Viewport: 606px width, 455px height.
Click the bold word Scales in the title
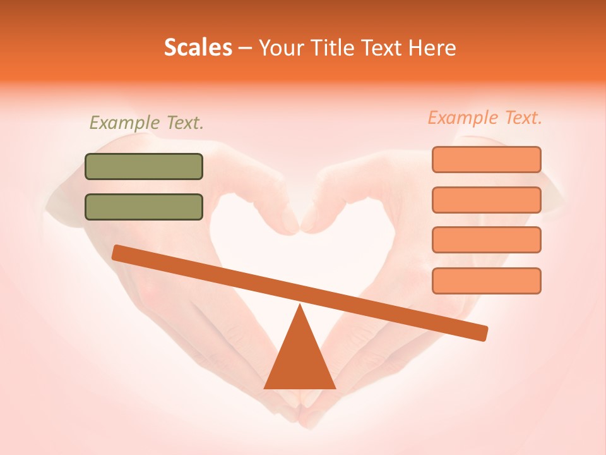coord(198,48)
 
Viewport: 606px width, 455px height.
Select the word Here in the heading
coord(432,48)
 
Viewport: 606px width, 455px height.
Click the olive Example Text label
coord(146,123)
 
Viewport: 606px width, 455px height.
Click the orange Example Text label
coord(485,118)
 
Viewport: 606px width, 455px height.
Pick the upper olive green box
coord(144,166)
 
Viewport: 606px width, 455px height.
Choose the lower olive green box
coord(144,207)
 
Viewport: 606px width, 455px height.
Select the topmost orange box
coord(486,159)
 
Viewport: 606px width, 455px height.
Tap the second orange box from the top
coord(486,200)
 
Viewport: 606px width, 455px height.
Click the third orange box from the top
coord(486,240)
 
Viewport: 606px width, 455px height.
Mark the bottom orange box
coord(486,281)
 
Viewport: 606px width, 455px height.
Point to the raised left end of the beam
coord(117,252)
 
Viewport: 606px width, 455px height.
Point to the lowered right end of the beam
coord(482,333)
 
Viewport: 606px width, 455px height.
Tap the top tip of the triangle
coord(300,306)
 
